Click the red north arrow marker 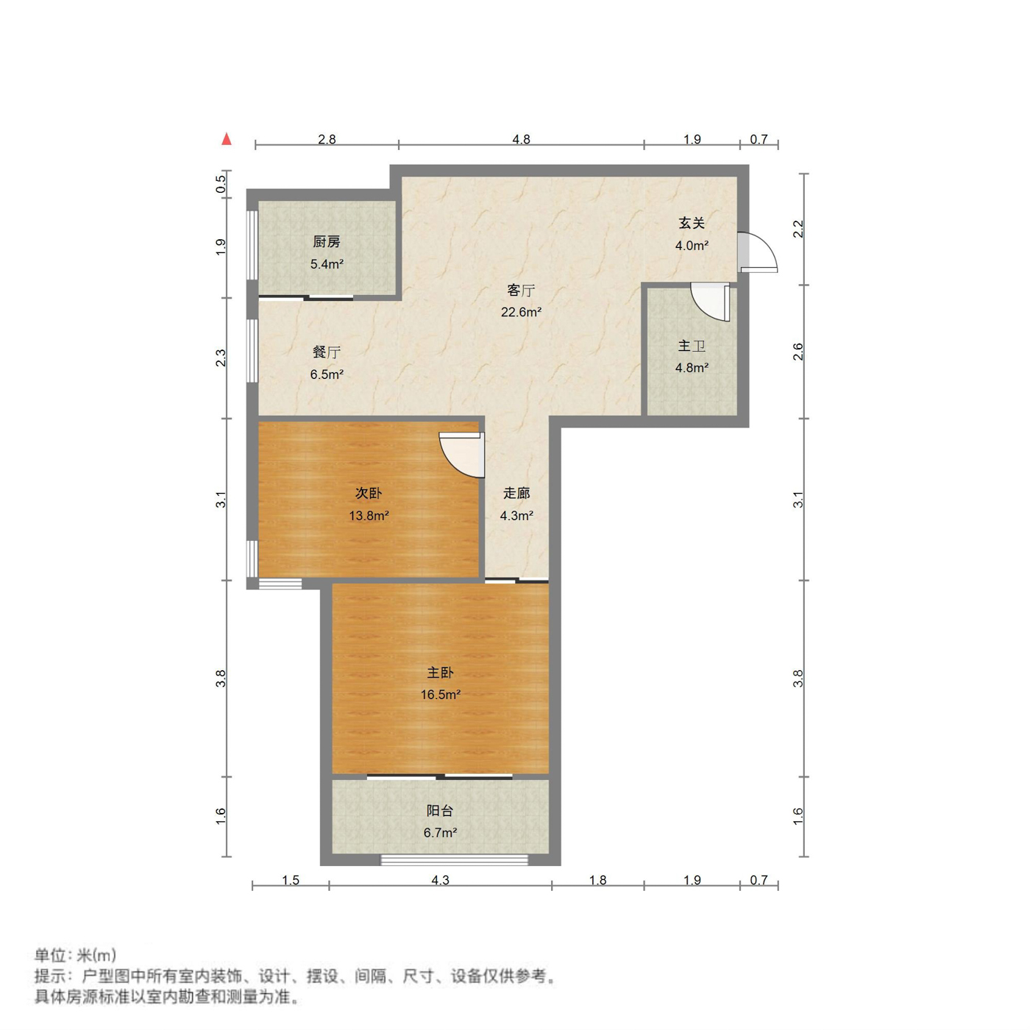pos(227,138)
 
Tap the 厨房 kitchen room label pos(327,241)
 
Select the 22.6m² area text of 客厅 pos(521,312)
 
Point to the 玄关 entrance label pos(692,222)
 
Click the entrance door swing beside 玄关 pos(759,253)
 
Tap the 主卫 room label pos(692,346)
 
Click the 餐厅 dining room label pos(327,352)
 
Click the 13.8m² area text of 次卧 pos(369,516)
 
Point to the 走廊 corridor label pos(516,493)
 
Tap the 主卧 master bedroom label pos(440,672)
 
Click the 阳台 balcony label pos(440,811)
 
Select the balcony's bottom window pos(454,859)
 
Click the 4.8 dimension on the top pos(521,139)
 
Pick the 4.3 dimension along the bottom pos(440,880)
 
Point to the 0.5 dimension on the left pos(221,184)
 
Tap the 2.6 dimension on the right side pos(798,352)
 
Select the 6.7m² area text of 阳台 pos(440,833)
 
